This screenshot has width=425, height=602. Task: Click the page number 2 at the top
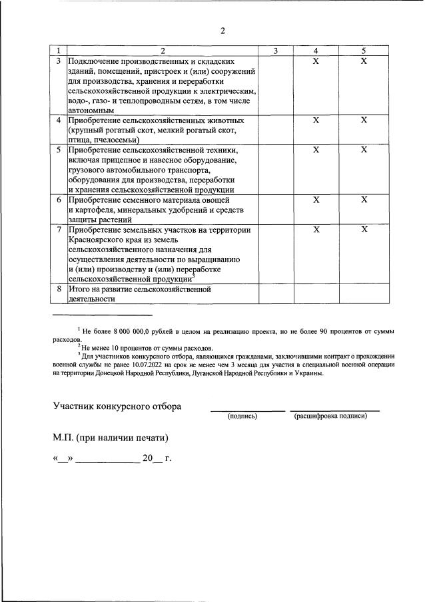click(222, 31)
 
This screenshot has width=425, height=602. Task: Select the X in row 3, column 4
click(316, 61)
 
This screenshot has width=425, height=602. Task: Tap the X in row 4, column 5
click(364, 120)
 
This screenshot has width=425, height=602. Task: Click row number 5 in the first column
click(59, 150)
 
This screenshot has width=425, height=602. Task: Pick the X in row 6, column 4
click(316, 200)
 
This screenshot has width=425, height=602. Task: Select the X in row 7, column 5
click(364, 229)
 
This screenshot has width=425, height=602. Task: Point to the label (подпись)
click(242, 416)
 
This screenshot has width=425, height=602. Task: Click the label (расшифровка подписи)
click(330, 416)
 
